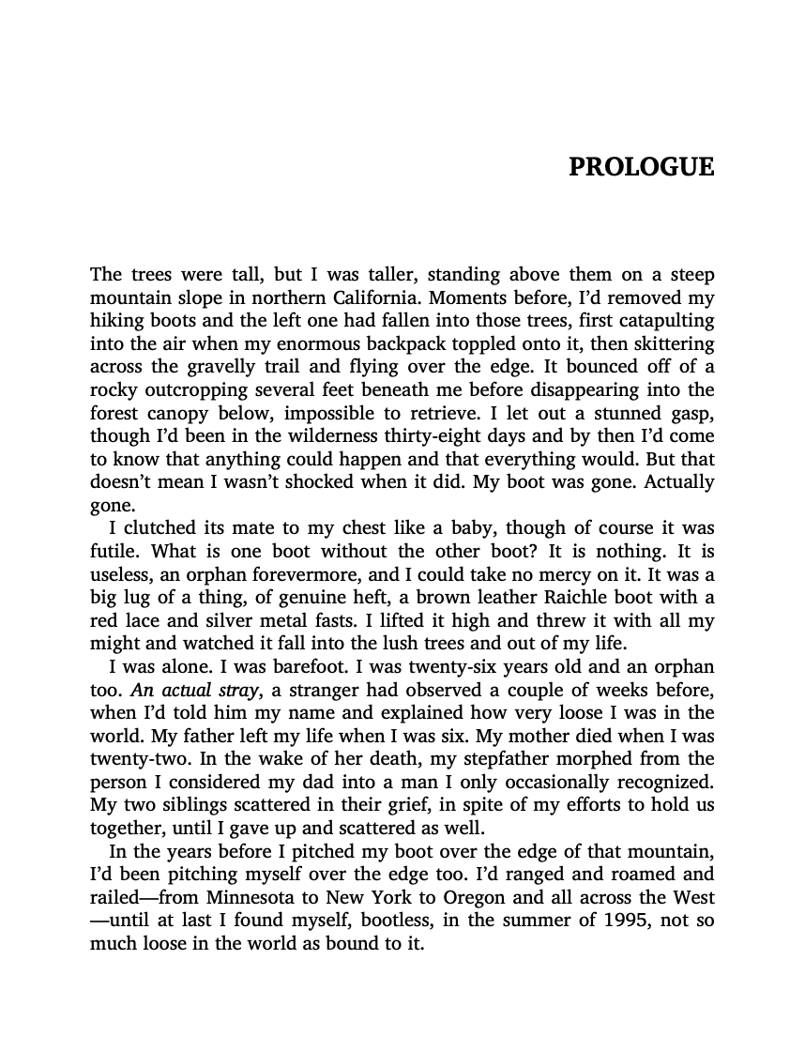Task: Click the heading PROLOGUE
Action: point(642,168)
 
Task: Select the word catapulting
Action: point(663,321)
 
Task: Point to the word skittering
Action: point(670,344)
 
